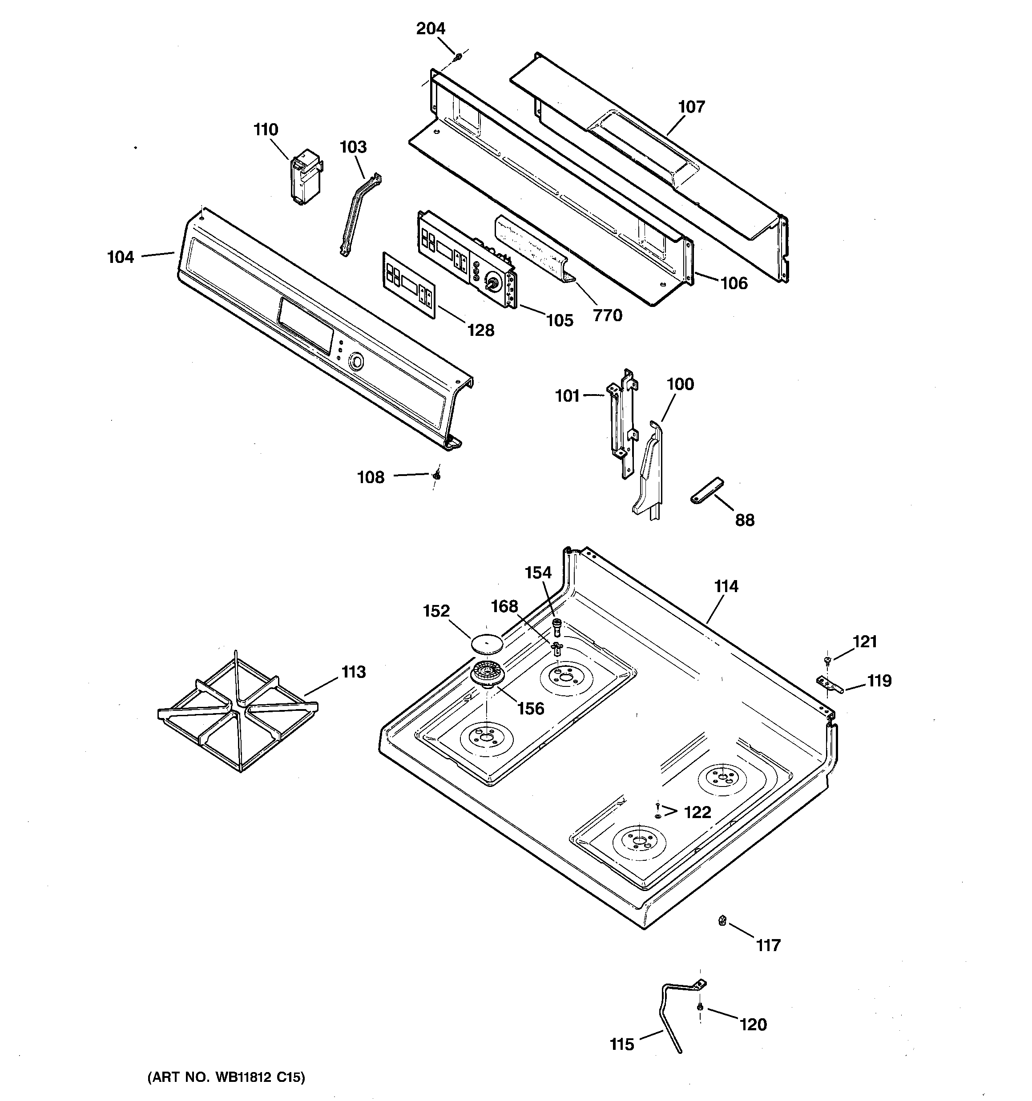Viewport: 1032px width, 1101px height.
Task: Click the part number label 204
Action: click(431, 28)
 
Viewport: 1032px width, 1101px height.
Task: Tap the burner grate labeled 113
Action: click(238, 711)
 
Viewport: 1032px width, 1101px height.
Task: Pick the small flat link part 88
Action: click(707, 490)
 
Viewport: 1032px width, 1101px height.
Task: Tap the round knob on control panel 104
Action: click(355, 362)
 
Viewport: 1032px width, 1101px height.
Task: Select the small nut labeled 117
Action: click(722, 921)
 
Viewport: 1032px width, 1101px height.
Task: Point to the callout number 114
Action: click(726, 586)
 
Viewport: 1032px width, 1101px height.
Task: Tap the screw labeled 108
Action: click(437, 475)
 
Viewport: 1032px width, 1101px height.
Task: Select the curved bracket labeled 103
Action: click(360, 213)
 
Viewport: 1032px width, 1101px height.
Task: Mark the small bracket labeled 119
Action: click(829, 685)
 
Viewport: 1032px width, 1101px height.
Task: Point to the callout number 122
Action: click(697, 812)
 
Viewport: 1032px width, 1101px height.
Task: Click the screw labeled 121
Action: click(827, 660)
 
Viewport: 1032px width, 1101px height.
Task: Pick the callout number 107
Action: click(691, 106)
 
